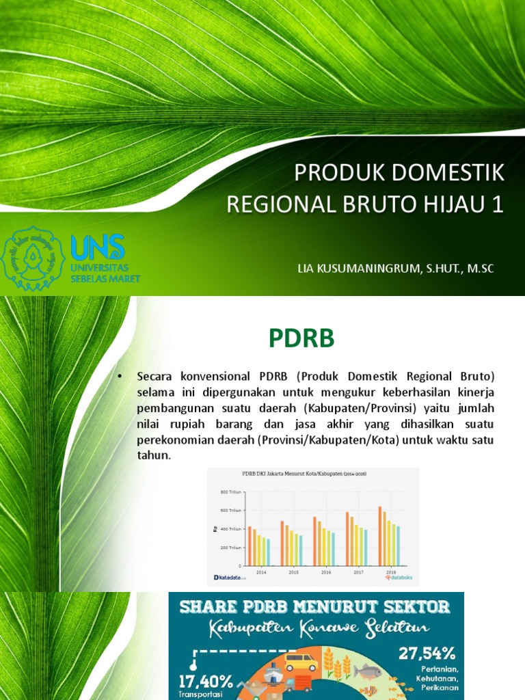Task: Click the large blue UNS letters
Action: point(98,246)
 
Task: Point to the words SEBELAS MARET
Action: point(105,278)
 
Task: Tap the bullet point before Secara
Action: point(120,377)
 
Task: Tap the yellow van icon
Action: point(301,662)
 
